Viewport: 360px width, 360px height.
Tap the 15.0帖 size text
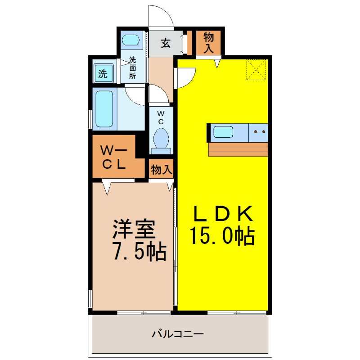222,236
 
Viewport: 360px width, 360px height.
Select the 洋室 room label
134,230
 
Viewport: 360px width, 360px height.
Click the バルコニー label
178,334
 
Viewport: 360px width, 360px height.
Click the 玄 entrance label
166,44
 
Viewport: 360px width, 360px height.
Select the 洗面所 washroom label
133,67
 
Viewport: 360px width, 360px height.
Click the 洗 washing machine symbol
103,73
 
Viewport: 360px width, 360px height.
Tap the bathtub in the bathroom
104,108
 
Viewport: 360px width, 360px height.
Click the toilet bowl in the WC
161,137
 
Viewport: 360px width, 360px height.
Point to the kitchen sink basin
223,132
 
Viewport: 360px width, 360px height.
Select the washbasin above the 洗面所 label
131,40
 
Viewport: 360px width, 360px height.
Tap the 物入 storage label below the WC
161,170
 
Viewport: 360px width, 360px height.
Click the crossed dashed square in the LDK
256,70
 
